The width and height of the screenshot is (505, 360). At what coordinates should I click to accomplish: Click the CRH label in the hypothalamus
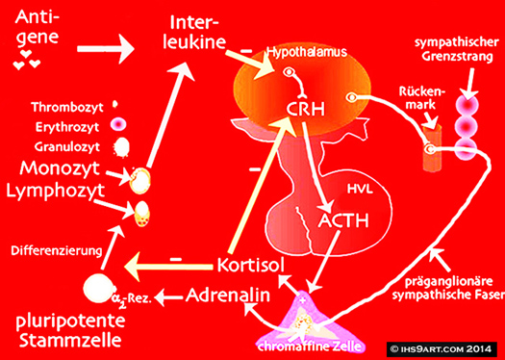click(305, 110)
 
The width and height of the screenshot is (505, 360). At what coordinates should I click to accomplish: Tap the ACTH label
click(343, 220)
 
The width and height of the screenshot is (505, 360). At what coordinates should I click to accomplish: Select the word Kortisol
click(251, 265)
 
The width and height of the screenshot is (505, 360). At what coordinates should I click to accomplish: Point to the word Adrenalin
click(228, 295)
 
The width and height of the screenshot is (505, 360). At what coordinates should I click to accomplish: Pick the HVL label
click(360, 189)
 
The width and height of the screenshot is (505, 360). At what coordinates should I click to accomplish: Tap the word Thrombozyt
click(67, 107)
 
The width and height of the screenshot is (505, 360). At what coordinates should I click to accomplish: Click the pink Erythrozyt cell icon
click(118, 125)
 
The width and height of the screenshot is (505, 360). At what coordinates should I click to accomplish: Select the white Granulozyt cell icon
click(121, 146)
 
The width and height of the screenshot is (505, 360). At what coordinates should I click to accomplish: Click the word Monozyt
click(60, 167)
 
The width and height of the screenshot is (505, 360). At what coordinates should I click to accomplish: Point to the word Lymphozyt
click(56, 191)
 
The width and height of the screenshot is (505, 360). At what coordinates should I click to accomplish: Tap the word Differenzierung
click(57, 250)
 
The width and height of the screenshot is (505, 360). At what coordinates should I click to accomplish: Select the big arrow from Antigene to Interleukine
click(106, 49)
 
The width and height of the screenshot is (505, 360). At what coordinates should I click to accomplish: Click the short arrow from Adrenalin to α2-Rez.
click(169, 297)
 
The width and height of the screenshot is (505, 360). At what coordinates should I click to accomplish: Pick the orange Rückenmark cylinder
click(433, 146)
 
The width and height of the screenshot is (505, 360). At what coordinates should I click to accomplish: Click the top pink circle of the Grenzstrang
click(467, 105)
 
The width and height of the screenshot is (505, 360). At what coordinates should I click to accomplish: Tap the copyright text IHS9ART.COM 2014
click(442, 348)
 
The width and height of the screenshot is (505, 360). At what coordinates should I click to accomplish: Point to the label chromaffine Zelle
click(309, 347)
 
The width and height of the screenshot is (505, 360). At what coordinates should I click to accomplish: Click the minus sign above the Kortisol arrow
click(175, 259)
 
